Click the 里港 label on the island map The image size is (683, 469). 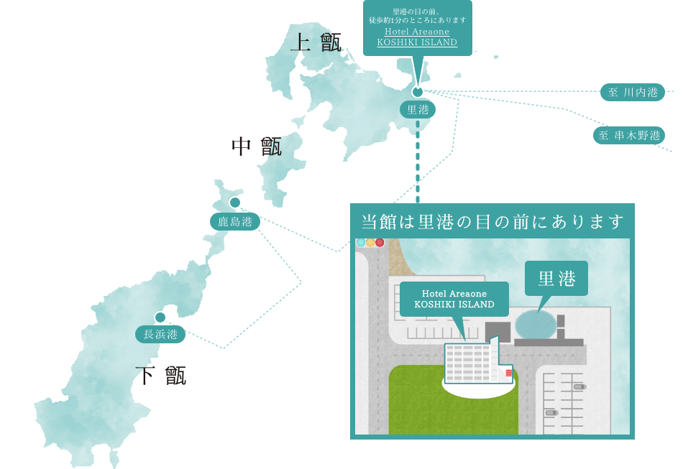click(x=418, y=110)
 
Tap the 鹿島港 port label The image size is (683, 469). click(x=235, y=221)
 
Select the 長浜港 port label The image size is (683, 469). click(x=160, y=334)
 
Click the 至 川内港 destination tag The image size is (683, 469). click(x=633, y=92)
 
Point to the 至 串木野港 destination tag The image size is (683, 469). click(x=628, y=135)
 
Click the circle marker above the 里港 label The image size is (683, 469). click(x=418, y=92)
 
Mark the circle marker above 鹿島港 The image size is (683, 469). click(x=235, y=203)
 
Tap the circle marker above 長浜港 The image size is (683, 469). click(x=160, y=317)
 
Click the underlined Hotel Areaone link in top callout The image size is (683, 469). click(x=417, y=37)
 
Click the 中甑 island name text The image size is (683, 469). click(x=257, y=147)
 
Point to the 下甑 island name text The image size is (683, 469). click(x=161, y=375)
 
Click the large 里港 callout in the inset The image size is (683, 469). click(x=556, y=279)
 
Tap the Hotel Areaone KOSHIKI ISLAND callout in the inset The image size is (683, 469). click(x=454, y=299)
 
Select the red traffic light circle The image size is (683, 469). click(x=380, y=243)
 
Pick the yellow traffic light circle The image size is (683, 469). click(x=370, y=243)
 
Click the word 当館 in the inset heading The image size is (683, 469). click(x=378, y=222)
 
